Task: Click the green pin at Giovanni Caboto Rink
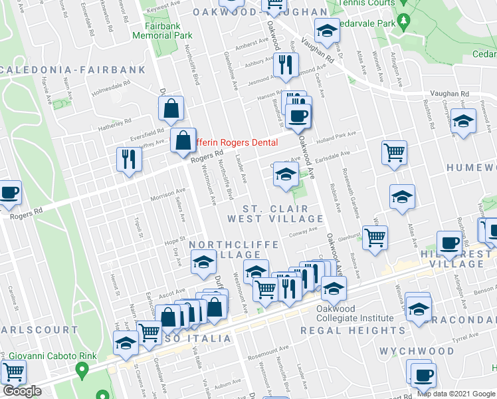[x=82, y=368]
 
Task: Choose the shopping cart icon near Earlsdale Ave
[x=394, y=152]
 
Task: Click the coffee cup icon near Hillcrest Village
[x=449, y=243]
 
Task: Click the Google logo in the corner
[x=21, y=390]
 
